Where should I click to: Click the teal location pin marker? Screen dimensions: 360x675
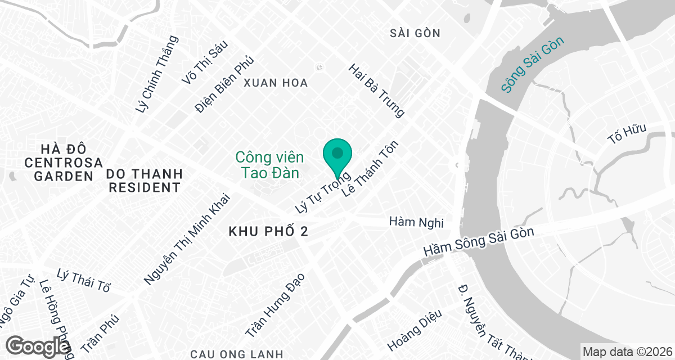coord(337,154)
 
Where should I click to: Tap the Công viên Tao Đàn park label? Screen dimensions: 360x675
coord(270,164)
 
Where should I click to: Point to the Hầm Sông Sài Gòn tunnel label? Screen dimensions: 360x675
coord(478,242)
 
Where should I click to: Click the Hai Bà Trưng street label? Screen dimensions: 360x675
coord(376,91)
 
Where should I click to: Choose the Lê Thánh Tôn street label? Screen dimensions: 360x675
coord(370,168)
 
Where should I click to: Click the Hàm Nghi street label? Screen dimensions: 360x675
coord(417,223)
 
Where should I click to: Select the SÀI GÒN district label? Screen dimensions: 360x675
coord(415,33)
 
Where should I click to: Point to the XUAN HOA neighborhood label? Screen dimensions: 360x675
coord(276,83)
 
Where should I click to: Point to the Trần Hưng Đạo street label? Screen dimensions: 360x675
coord(274,305)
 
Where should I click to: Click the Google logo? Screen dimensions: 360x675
coord(38,346)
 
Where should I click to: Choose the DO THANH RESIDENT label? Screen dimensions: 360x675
coord(145,180)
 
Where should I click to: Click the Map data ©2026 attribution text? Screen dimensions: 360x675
coord(627,352)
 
